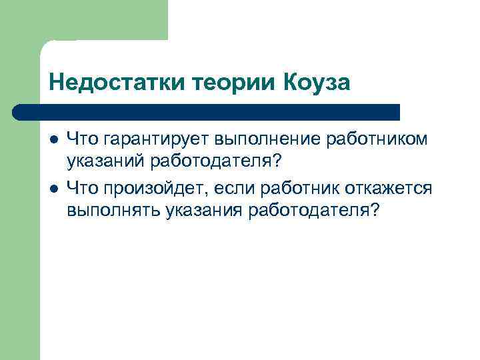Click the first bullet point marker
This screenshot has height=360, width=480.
coord(53,139)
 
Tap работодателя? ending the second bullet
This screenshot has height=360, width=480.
coord(313,211)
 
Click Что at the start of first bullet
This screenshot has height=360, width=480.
coord(81,139)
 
